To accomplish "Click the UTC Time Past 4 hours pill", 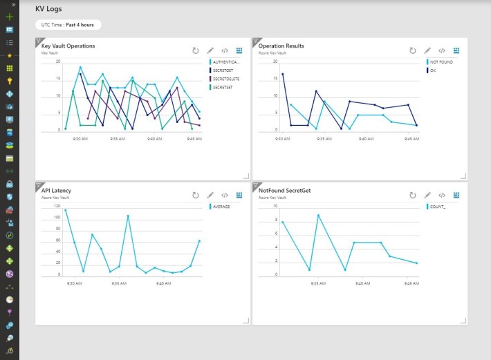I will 68,25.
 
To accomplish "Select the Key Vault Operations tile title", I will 68,46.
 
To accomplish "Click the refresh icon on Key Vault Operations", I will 196,50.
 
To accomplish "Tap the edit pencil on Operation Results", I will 427,50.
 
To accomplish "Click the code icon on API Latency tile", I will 225,196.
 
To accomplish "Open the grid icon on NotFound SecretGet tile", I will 456,196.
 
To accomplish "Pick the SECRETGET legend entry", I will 223,70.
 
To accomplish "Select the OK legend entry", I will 432,70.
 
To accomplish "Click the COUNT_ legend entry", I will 437,207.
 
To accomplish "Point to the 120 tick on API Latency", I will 57,206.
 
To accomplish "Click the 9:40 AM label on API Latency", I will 165,283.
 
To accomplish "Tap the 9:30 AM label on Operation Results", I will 282,138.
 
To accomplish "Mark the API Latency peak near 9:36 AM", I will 128,216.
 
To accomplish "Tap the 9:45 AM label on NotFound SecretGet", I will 411,283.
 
